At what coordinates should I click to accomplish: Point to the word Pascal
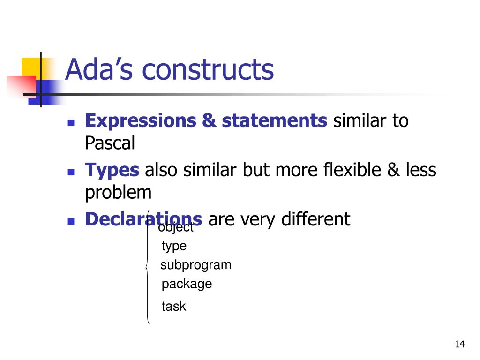coord(110,143)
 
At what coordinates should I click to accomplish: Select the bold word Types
coord(112,170)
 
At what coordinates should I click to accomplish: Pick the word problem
coord(118,192)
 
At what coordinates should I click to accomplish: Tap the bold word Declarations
coord(143,219)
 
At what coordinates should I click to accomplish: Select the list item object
coord(176,228)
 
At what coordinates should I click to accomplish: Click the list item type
coord(174,246)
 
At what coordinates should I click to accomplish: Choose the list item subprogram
coord(196,265)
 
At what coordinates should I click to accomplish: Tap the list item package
coord(187,284)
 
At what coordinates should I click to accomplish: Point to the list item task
coord(173,307)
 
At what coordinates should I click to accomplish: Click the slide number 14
coord(459,345)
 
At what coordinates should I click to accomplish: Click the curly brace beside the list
coord(148,267)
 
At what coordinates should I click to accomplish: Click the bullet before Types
coord(71,172)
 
